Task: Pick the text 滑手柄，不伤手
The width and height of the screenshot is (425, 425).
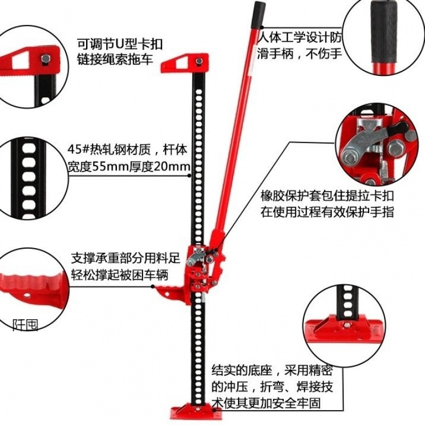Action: tap(300, 53)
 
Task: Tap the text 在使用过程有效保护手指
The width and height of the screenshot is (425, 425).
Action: tap(327, 212)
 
